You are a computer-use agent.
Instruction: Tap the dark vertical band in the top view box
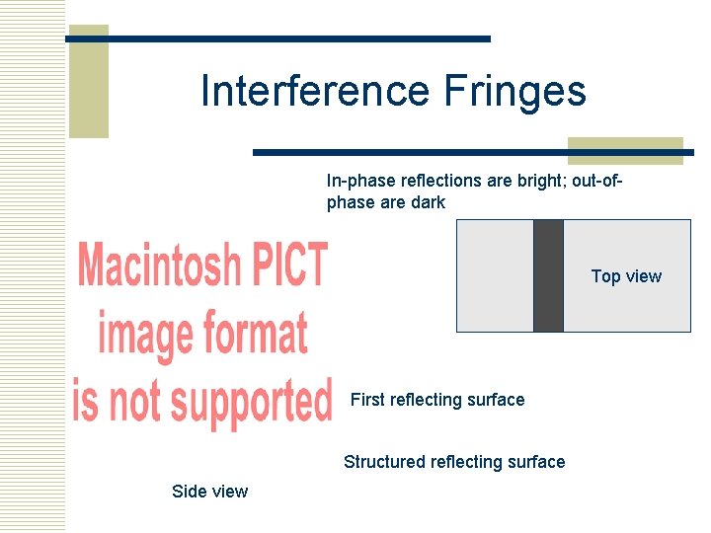548,275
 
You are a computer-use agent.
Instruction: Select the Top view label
626,276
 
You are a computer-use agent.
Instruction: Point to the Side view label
209,492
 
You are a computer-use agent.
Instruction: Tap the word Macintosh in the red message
159,266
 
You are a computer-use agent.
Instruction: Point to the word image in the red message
144,334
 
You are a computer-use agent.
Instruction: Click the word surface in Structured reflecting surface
534,462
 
